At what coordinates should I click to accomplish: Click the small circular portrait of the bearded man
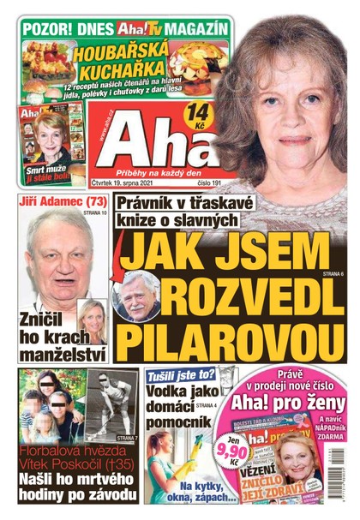coord(137,295)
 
